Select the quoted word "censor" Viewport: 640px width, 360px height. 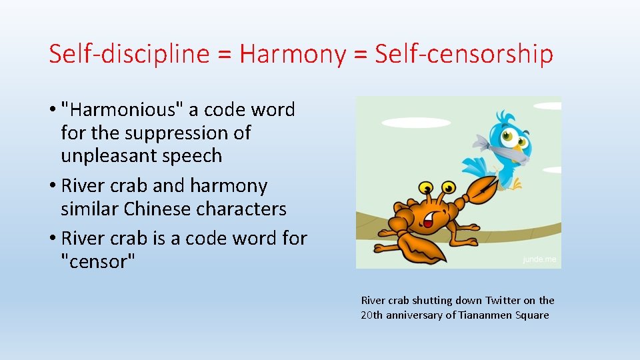point(97,261)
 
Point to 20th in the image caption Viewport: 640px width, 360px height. point(371,315)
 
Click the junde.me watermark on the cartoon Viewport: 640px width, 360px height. point(539,260)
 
